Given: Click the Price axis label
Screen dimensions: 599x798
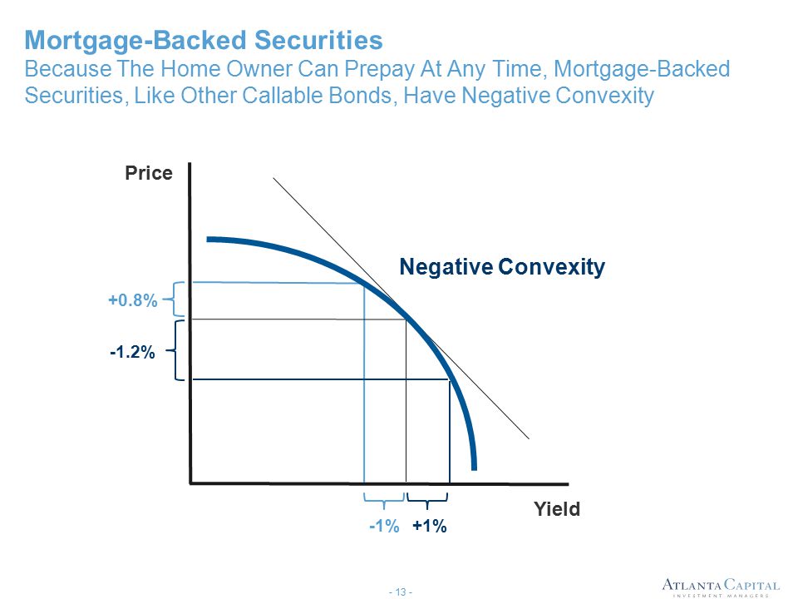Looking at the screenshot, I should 149,173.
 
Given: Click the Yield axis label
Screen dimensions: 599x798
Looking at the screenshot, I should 557,509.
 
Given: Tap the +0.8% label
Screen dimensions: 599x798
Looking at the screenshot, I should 132,301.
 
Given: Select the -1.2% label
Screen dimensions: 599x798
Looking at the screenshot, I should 132,353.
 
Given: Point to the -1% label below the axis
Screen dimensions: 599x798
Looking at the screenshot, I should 384,526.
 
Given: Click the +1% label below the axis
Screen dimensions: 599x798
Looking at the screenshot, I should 430,526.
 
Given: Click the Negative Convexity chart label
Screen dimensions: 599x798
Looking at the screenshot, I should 502,267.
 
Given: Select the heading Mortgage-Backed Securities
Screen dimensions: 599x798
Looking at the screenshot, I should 204,40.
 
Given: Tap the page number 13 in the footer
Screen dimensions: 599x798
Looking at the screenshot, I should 399,592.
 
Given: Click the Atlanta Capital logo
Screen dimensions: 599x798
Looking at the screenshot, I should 720,586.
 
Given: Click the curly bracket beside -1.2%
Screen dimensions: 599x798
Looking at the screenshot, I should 179,350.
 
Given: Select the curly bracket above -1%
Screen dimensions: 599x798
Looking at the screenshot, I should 383,501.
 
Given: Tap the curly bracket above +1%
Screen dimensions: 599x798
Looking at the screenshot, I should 427,501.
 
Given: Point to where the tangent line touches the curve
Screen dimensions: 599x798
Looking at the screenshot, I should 406,319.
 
